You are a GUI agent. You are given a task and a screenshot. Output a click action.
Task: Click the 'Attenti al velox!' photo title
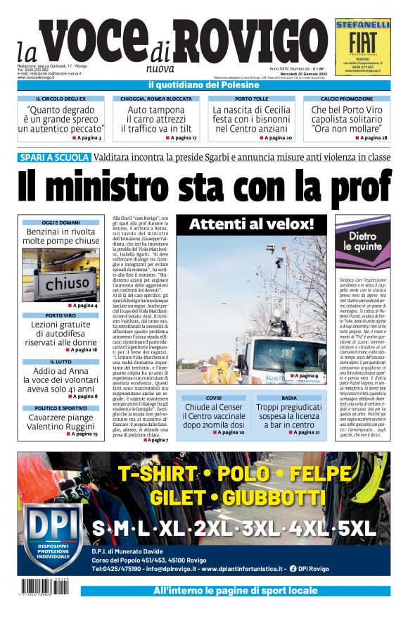(250, 225)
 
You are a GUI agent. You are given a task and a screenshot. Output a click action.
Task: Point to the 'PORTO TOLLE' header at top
(251, 99)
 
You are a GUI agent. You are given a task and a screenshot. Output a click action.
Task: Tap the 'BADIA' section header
(288, 398)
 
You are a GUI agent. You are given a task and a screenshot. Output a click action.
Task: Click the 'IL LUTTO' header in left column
(60, 362)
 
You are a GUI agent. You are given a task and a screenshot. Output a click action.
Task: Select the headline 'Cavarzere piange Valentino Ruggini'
(60, 422)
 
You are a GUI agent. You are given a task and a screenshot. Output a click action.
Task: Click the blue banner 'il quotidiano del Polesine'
(204, 85)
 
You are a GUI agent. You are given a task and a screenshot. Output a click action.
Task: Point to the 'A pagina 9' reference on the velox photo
(305, 377)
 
